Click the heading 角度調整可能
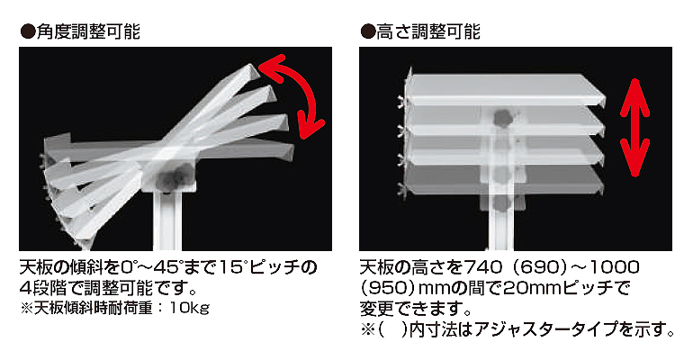pos(88,31)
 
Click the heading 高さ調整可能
pos(428,31)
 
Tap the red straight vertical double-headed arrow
pos(634,128)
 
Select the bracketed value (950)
pos(388,288)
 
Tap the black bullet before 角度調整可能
pos(28,32)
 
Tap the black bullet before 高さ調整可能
pos(368,32)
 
